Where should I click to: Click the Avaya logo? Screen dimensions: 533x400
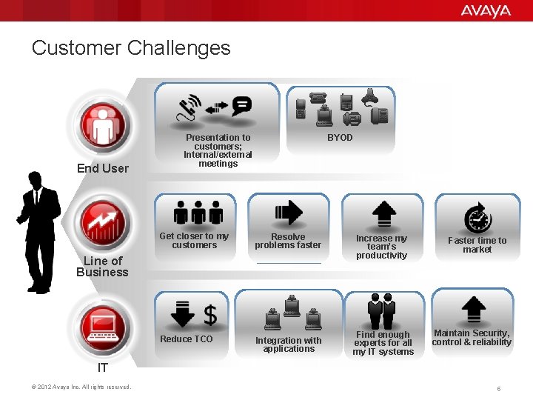pos(486,10)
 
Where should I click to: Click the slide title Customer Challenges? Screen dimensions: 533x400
pos(131,49)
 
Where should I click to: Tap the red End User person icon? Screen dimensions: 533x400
pos(104,124)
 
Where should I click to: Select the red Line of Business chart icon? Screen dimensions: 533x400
pos(104,220)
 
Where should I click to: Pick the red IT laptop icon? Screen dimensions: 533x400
pos(104,325)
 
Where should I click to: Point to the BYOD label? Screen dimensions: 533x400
pos(340,138)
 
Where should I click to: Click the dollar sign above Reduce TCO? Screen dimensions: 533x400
pos(210,314)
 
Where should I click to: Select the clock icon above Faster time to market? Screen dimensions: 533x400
pos(477,219)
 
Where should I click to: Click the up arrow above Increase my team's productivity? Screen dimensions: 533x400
pos(382,213)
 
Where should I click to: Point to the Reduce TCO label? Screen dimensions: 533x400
pos(187,339)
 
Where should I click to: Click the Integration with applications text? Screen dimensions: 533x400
pos(289,344)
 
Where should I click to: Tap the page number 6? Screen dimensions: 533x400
pos(499,388)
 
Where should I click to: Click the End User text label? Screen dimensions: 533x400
pos(103,168)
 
